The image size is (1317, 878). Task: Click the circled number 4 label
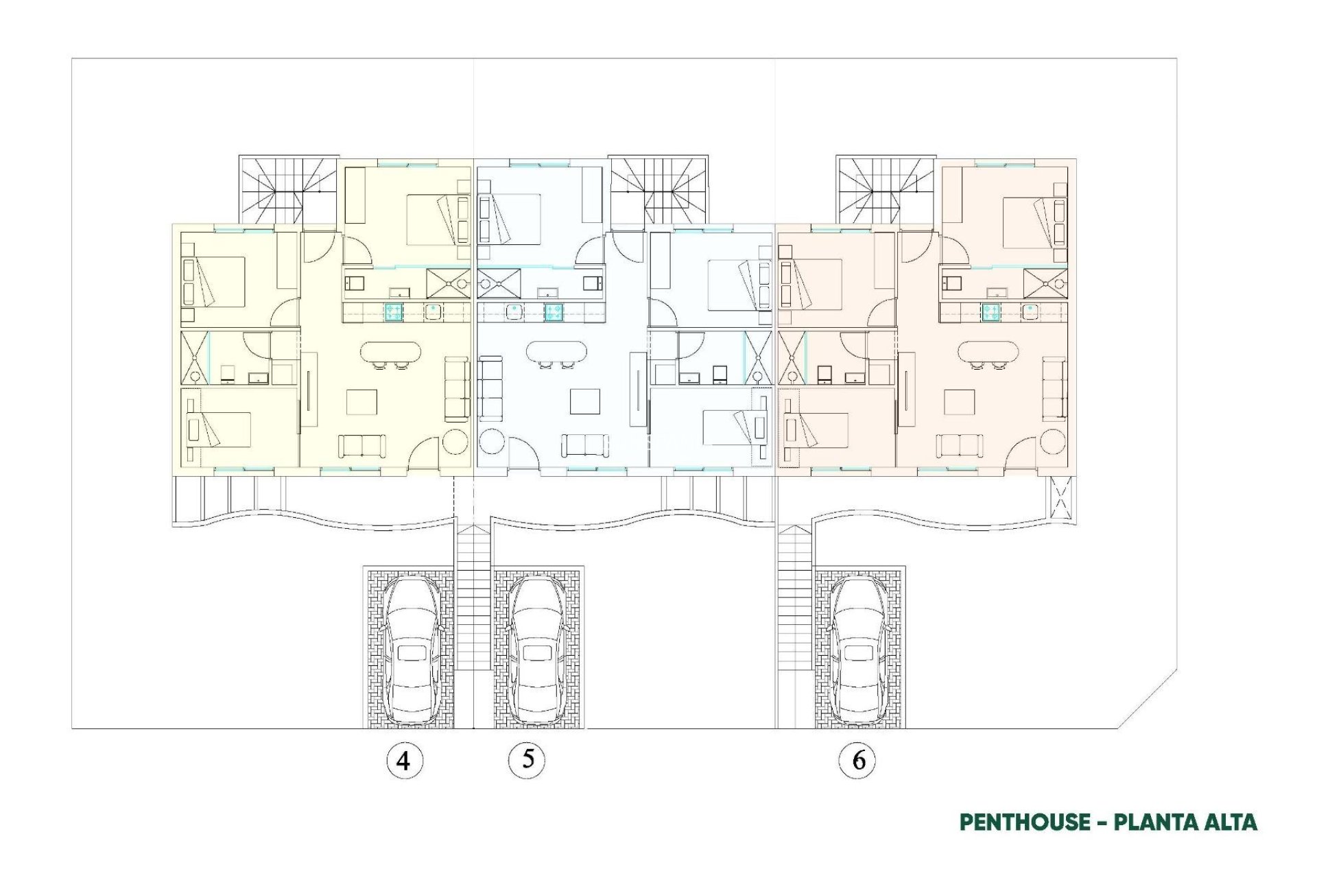(404, 760)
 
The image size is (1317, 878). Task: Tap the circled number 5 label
(527, 759)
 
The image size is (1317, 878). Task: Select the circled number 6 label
(857, 760)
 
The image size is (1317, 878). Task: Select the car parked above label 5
(537, 650)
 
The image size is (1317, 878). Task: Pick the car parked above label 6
(859, 650)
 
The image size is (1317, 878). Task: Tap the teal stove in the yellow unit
(393, 312)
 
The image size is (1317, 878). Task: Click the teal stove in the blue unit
(554, 312)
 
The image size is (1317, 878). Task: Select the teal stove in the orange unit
(990, 312)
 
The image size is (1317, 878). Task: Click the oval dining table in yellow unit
(391, 353)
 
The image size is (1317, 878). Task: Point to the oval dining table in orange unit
(988, 353)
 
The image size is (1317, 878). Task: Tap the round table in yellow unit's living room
(455, 442)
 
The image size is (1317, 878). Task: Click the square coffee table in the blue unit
(584, 401)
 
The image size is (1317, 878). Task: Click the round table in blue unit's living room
(492, 442)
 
